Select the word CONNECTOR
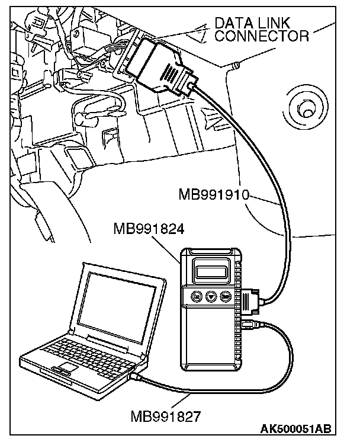pos(262,37)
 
